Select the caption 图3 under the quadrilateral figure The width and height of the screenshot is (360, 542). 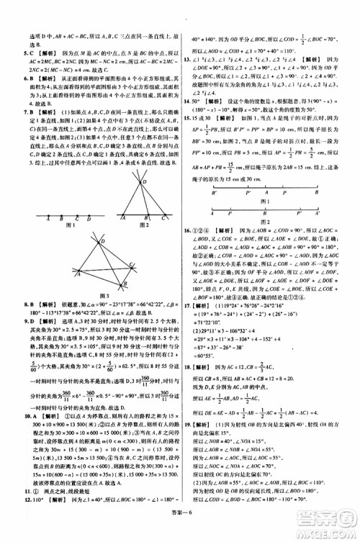click(x=91, y=297)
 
